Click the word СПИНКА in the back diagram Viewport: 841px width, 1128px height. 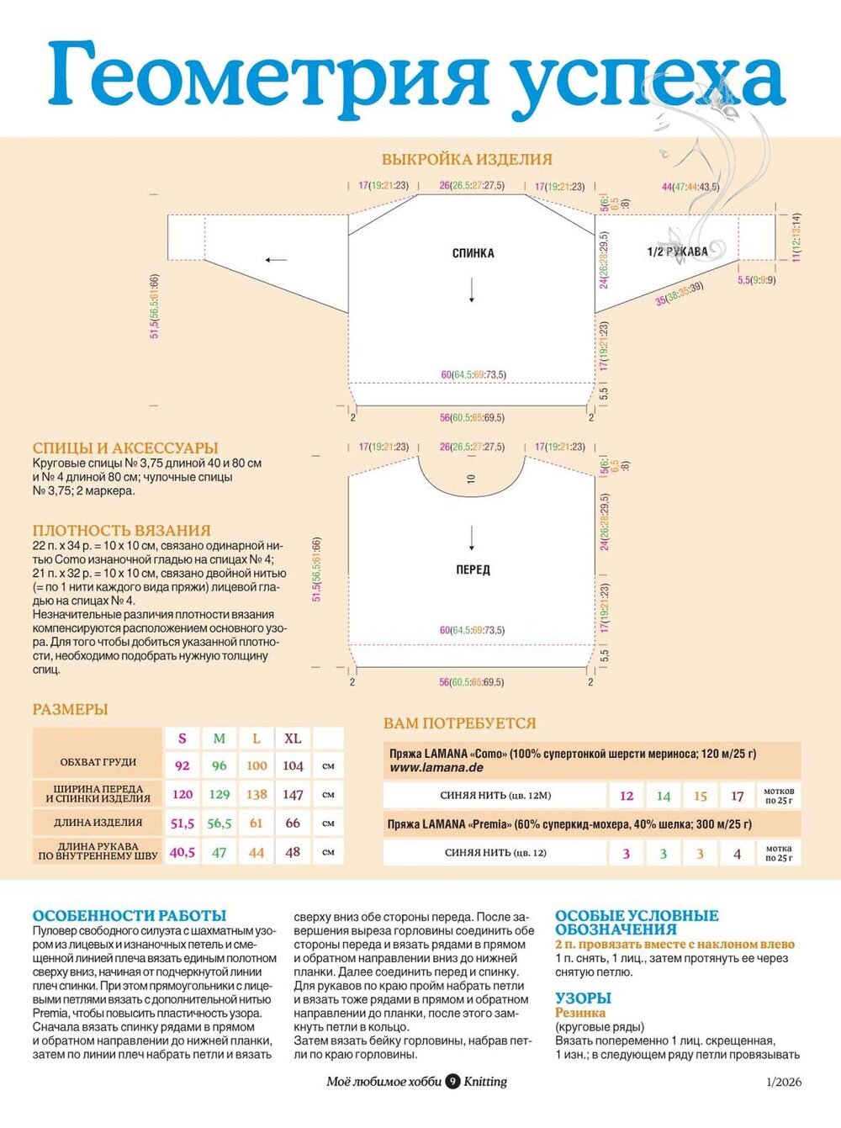tap(473, 253)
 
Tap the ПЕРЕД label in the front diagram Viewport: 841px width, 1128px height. tap(473, 569)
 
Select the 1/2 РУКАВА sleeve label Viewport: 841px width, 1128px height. tap(677, 252)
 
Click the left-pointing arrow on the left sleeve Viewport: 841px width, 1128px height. tap(276, 260)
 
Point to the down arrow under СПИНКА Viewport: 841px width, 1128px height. tap(472, 290)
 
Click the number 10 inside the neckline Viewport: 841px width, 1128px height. tap(471, 478)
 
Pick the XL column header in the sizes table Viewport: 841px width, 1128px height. tap(293, 739)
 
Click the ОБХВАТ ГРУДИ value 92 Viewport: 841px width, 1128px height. tap(182, 765)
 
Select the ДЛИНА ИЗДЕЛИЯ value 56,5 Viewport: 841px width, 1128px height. tap(220, 823)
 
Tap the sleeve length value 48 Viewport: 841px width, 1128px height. tap(293, 852)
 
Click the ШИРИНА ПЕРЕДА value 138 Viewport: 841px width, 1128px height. tap(257, 794)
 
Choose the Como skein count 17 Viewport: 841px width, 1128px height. tap(738, 796)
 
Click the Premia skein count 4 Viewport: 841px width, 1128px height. tap(738, 854)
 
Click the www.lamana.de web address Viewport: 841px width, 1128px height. tap(436, 767)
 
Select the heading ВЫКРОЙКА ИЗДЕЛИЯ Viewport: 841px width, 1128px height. tap(467, 159)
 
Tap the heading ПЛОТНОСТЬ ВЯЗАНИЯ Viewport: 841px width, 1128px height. tap(122, 531)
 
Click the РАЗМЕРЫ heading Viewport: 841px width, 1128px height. tap(71, 709)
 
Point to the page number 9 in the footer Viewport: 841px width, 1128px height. tap(452, 1082)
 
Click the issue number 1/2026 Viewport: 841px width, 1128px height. tap(784, 1082)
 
